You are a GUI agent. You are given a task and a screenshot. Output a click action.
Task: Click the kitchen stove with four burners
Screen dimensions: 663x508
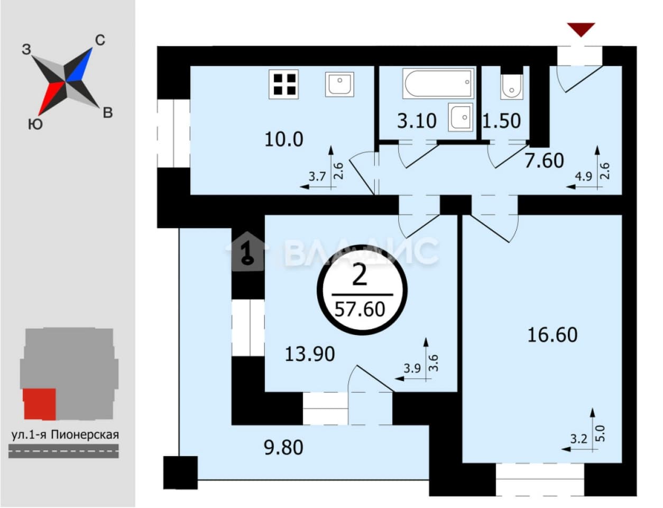283,84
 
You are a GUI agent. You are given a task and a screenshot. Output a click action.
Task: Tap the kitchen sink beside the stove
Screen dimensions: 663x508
339,84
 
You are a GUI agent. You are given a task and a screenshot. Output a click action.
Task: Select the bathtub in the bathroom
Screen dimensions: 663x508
438,83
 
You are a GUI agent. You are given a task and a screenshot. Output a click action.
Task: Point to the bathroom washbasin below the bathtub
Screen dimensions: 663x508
461,117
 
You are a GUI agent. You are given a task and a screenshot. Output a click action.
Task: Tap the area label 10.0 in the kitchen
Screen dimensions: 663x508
284,140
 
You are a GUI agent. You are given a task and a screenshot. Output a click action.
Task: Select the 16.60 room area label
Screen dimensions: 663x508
552,334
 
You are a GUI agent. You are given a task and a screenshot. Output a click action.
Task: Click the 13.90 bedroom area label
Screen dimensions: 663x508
310,355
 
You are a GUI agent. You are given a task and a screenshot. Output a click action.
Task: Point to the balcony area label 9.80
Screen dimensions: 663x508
283,448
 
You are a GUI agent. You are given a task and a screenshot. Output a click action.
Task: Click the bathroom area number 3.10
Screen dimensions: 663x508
417,121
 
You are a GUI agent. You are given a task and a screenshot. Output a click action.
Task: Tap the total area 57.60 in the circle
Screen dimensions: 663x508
360,309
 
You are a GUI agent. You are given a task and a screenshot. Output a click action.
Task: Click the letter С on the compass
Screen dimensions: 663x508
100,40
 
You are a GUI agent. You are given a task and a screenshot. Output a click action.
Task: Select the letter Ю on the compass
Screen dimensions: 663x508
35,124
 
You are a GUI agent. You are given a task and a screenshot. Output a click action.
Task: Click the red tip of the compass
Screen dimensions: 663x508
39,115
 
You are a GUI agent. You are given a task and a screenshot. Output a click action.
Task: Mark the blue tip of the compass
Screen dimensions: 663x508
91,48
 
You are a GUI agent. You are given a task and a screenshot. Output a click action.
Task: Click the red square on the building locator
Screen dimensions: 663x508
40,404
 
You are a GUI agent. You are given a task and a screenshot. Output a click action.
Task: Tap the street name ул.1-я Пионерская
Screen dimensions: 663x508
65,435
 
